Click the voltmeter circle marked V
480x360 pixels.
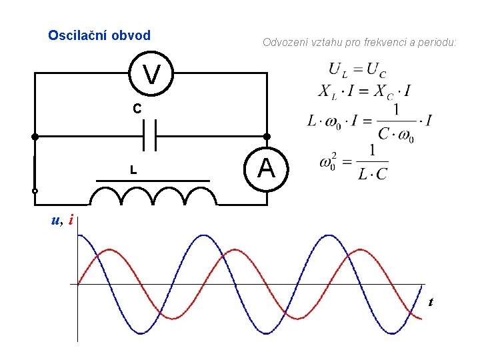click(x=151, y=74)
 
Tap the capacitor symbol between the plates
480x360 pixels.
click(x=150, y=136)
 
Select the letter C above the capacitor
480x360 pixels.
click(x=136, y=108)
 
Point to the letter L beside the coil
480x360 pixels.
click(x=133, y=171)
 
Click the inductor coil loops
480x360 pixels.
click(x=153, y=196)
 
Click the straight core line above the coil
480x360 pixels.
click(x=153, y=181)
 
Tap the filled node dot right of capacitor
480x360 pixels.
click(x=267, y=136)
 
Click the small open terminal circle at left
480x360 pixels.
click(x=35, y=191)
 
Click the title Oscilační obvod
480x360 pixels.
click(x=99, y=35)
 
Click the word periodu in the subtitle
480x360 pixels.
click(x=438, y=43)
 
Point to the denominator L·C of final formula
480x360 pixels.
click(x=372, y=175)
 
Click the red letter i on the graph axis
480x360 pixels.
click(x=71, y=220)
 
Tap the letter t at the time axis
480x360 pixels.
click(x=431, y=302)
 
